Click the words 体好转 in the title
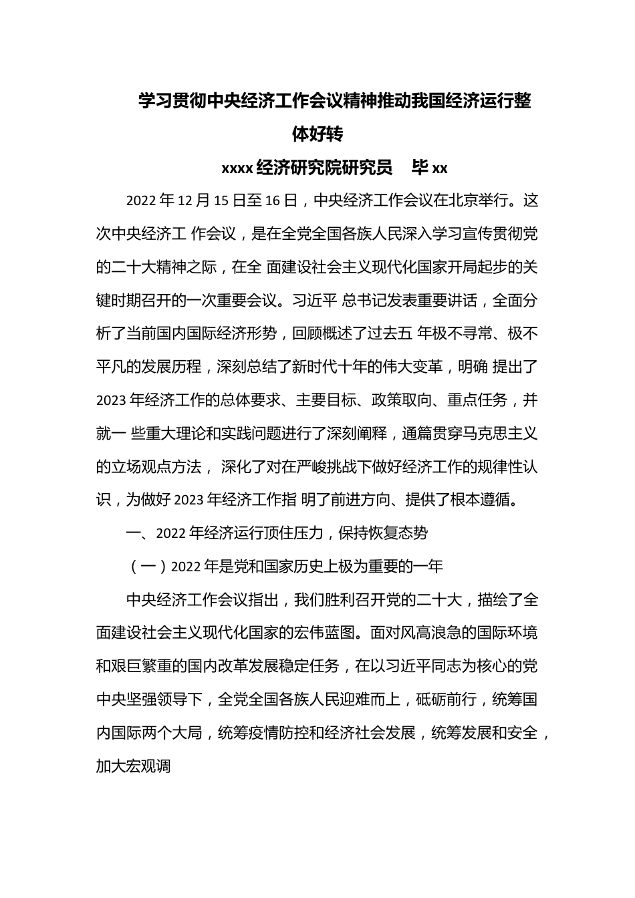point(317,134)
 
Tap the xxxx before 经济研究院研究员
point(237,168)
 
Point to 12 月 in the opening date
point(195,200)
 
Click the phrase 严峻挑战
point(321,467)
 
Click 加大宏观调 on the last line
point(134,766)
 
